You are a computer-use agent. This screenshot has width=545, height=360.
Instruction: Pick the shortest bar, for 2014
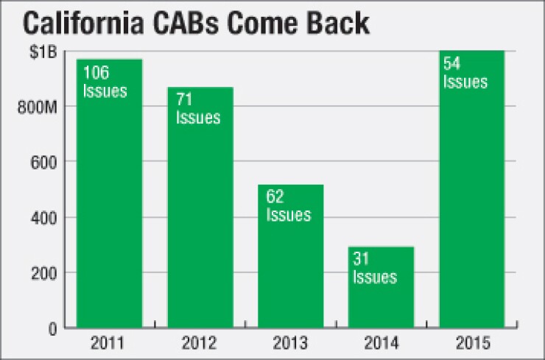coord(380,288)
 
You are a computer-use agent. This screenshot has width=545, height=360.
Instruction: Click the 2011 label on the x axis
coord(109,343)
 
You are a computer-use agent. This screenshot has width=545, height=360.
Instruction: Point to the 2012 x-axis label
coord(200,343)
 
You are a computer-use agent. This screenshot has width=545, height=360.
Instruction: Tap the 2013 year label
coord(290,343)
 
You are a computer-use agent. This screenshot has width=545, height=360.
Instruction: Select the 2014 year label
coord(380,343)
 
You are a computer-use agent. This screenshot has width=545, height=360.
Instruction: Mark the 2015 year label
coord(471,343)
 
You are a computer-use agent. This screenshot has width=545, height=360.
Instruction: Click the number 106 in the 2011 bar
coord(96,74)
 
